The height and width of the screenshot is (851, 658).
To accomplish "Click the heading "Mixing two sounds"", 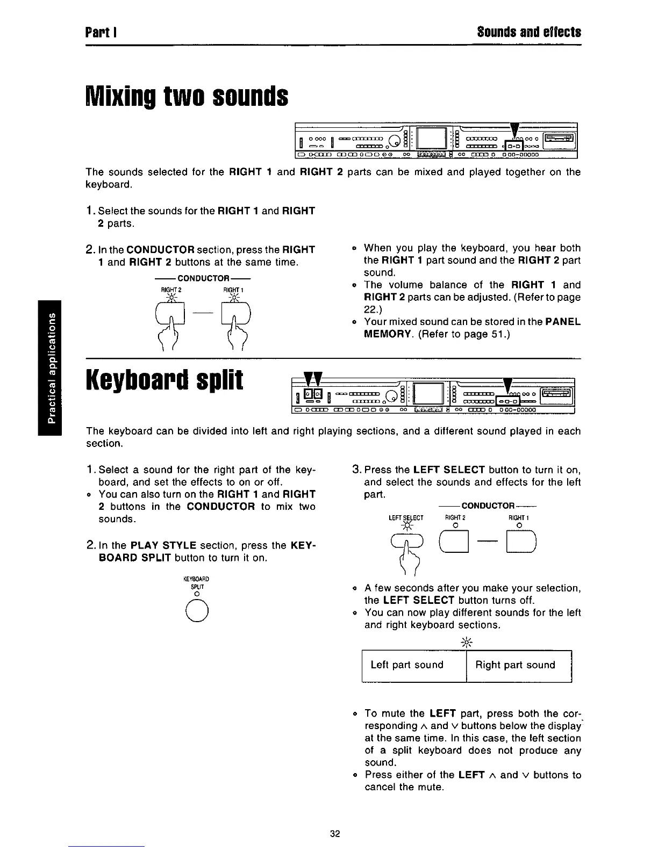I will (x=187, y=97).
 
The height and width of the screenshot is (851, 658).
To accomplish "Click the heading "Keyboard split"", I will (x=164, y=380).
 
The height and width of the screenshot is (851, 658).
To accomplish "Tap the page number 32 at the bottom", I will (x=335, y=834).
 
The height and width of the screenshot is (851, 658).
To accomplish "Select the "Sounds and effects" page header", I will (x=529, y=32).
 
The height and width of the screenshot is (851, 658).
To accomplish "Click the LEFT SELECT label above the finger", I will (x=406, y=518).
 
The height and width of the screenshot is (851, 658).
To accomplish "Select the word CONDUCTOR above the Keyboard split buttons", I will (x=488, y=506).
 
